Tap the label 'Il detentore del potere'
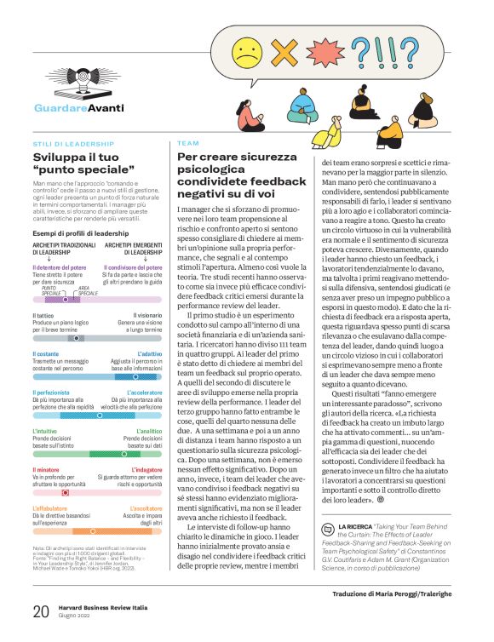tap(60, 268)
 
